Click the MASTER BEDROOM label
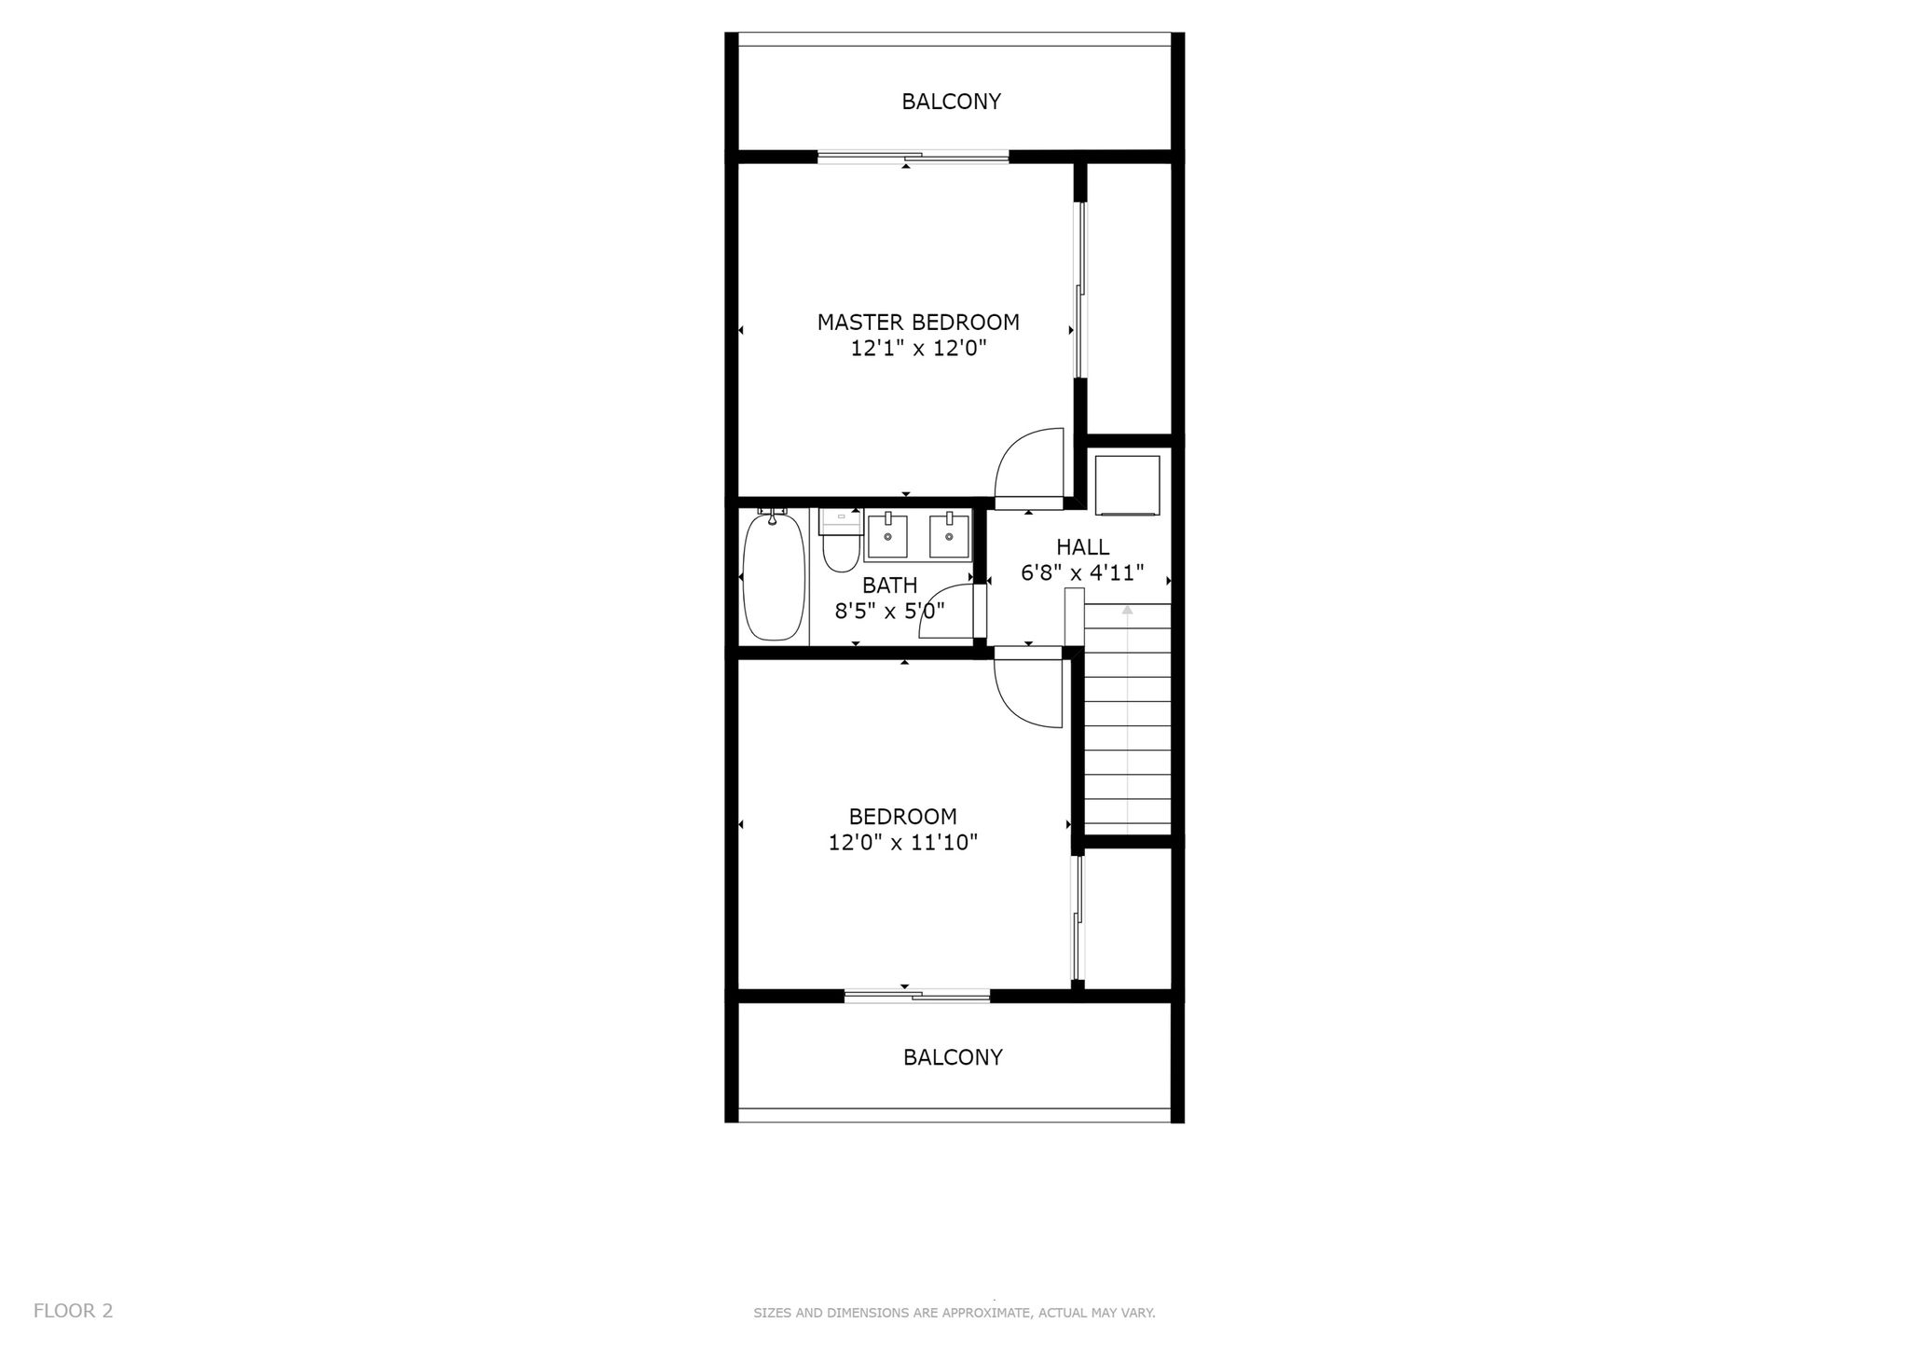pos(918,323)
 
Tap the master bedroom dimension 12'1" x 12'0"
pos(918,349)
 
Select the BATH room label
pos(889,585)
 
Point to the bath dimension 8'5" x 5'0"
pos(889,612)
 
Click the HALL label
pos(1082,547)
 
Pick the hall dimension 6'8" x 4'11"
pos(1082,572)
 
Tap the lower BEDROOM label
pos(902,817)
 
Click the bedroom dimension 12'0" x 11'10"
pos(902,843)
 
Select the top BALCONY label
pos(951,102)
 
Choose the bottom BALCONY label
pos(953,1057)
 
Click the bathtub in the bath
pos(774,575)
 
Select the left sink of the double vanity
pos(887,537)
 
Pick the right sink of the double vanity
pos(949,537)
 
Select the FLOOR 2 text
pos(73,1311)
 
